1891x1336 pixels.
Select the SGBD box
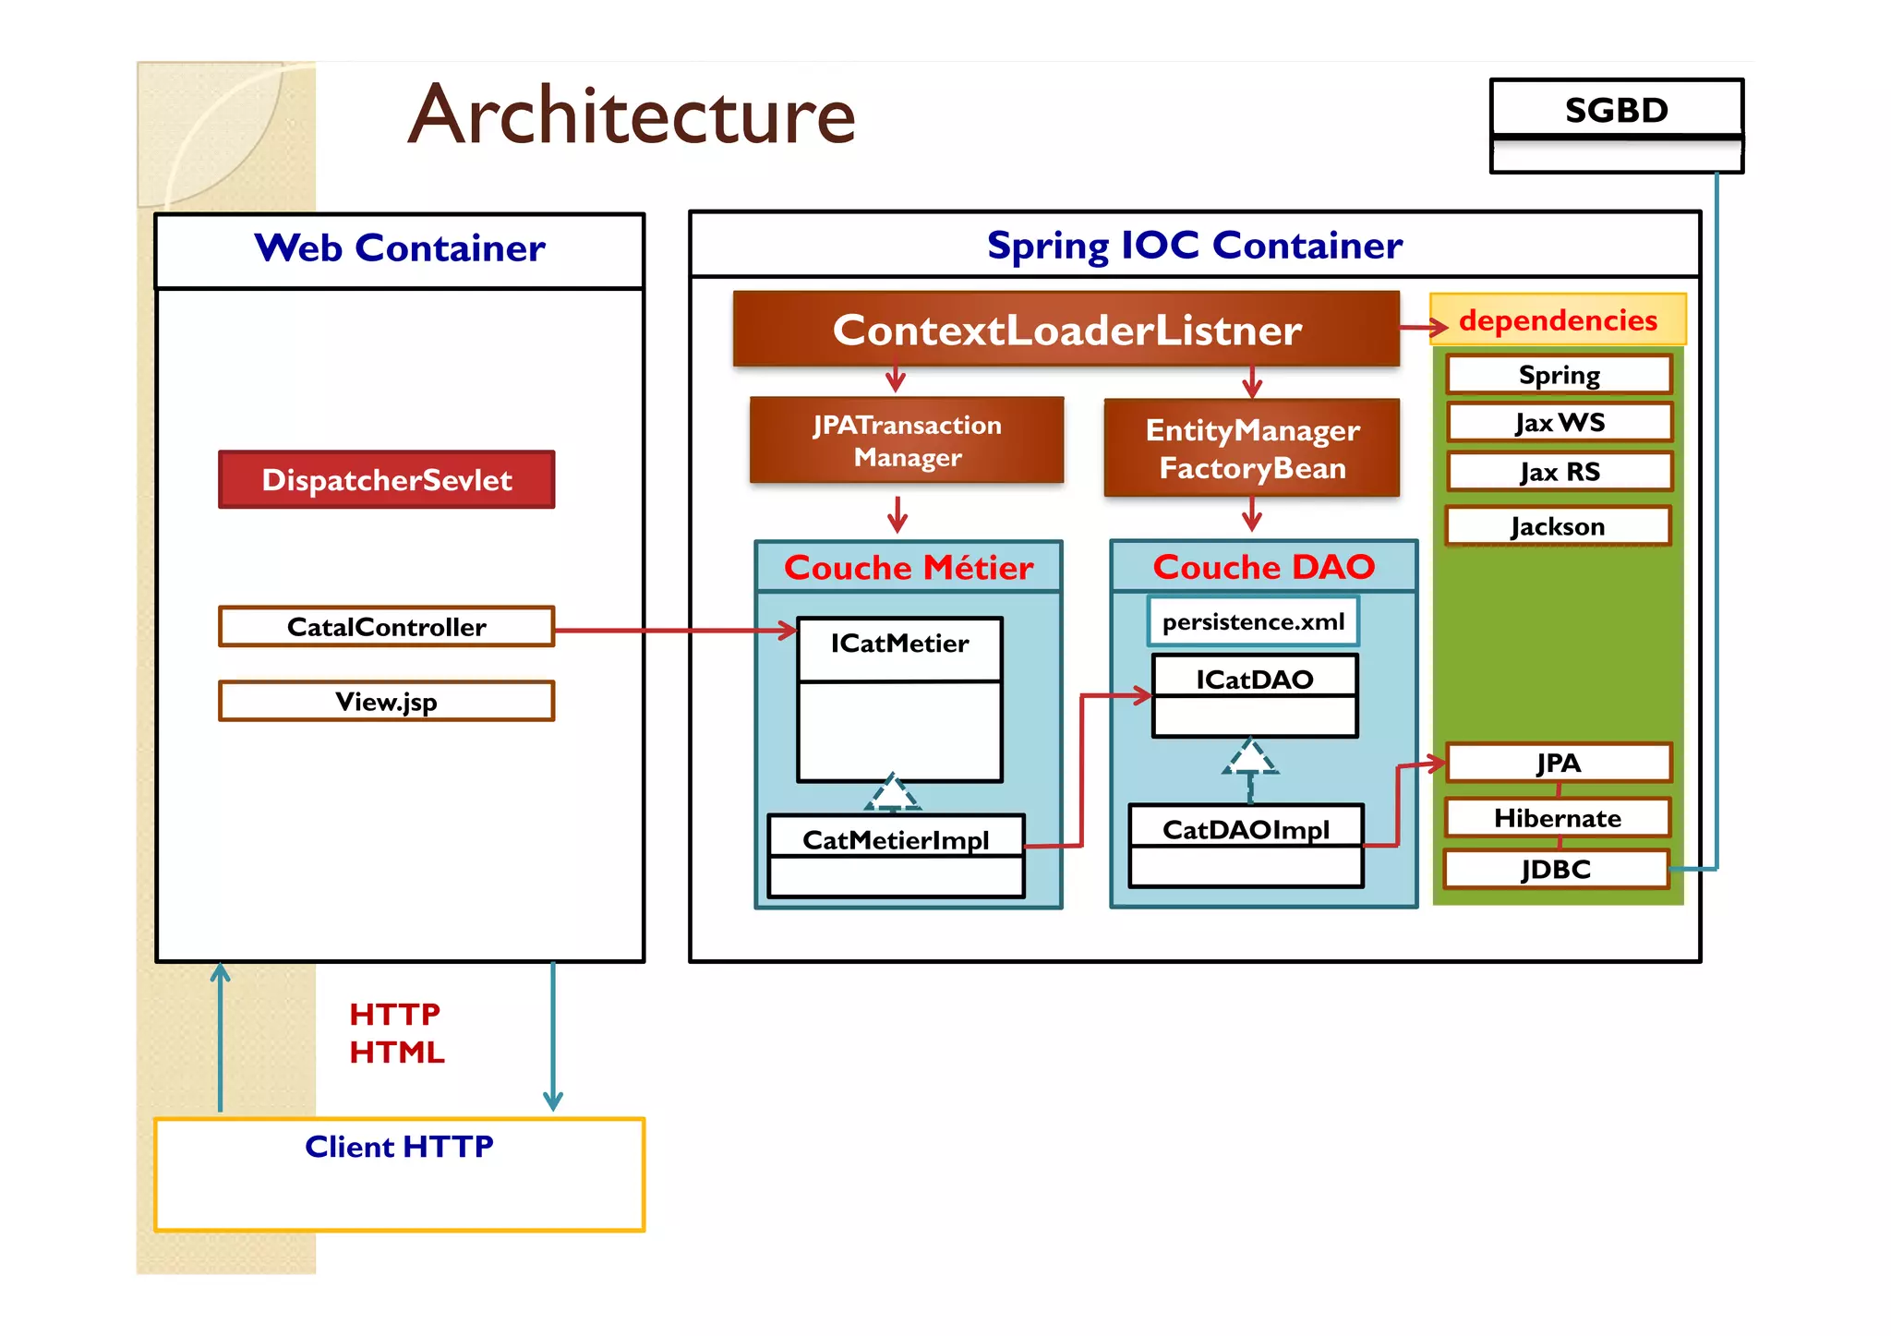point(1616,110)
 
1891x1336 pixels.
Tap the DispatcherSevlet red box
point(387,480)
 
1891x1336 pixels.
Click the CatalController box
point(387,627)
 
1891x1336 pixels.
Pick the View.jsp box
point(387,702)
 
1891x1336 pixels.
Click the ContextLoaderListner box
point(1066,330)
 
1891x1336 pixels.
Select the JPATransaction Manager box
point(907,440)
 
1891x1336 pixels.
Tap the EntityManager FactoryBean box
point(1252,449)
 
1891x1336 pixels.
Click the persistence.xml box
point(1253,621)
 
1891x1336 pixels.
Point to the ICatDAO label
point(1254,680)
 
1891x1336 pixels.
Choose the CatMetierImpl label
point(896,839)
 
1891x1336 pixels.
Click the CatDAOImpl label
point(1246,829)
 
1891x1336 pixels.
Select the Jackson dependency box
point(1558,526)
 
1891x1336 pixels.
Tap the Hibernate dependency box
point(1558,818)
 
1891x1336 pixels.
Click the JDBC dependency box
point(1557,869)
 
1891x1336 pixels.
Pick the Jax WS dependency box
point(1560,423)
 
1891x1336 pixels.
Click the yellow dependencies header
point(1558,319)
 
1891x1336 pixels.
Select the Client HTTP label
point(399,1146)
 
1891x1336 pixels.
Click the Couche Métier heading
point(909,567)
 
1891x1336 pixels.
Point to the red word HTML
point(397,1052)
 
